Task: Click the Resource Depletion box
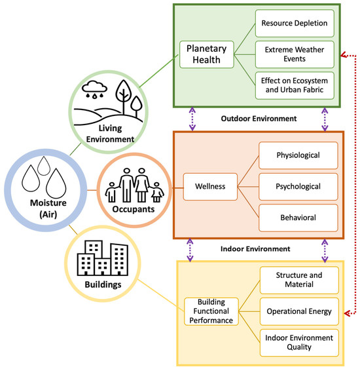(x=295, y=24)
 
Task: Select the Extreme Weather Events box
(x=295, y=54)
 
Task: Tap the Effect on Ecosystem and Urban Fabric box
(x=295, y=85)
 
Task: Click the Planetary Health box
(x=207, y=54)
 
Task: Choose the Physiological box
(x=298, y=155)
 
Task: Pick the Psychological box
(x=298, y=187)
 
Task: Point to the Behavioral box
(x=298, y=218)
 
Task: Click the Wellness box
(x=210, y=187)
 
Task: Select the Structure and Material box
(x=299, y=280)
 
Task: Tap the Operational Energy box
(x=299, y=311)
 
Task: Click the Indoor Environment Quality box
(x=299, y=343)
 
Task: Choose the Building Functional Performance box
(x=211, y=311)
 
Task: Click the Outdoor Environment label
(x=259, y=119)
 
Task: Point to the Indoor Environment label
(x=255, y=249)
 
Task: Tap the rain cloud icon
(x=94, y=89)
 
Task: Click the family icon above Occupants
(x=134, y=185)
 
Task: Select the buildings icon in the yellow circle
(x=103, y=258)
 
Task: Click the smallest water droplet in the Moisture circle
(x=44, y=166)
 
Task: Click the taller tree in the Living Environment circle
(x=123, y=96)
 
